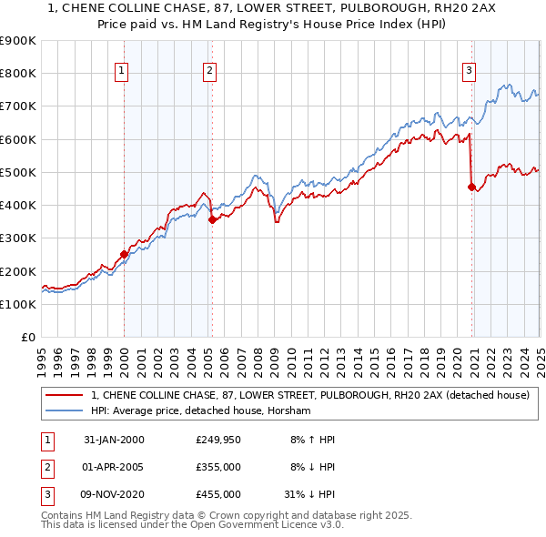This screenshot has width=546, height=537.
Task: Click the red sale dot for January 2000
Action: click(x=125, y=255)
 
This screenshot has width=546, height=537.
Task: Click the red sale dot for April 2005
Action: click(x=212, y=219)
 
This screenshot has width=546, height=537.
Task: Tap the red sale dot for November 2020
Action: click(x=471, y=187)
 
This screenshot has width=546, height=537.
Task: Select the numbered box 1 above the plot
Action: click(x=122, y=70)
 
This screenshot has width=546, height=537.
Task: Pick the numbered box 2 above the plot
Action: click(x=209, y=70)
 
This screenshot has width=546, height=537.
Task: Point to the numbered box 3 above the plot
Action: click(x=469, y=70)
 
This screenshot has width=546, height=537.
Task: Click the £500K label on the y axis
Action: click(x=18, y=172)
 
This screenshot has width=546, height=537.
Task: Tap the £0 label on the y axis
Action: click(x=27, y=337)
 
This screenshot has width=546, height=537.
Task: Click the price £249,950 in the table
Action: click(x=217, y=441)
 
